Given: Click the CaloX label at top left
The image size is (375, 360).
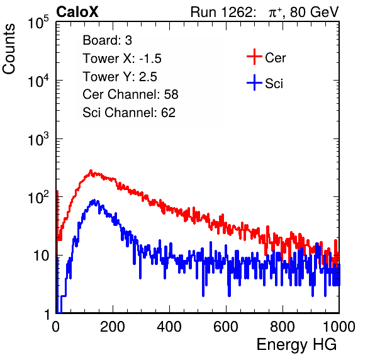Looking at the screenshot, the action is coord(77,12).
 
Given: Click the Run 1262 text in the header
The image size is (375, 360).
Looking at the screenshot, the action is coord(221,12).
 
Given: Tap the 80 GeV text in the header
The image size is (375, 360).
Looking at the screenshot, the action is coord(314,12).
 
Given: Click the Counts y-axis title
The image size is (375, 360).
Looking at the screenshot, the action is coord(9,49).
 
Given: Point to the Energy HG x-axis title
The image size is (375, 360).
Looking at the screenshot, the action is coord(296,345).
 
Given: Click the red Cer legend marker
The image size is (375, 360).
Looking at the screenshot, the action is coord(254,57).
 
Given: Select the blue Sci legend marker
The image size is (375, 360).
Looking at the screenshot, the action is coord(254,82).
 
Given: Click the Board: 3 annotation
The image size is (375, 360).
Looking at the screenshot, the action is coord(107,40).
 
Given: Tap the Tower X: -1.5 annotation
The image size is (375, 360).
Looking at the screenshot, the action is coord(122,59).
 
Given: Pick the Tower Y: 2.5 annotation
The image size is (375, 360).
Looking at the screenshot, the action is coord(120,77).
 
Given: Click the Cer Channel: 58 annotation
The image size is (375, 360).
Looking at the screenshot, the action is coord(130,94).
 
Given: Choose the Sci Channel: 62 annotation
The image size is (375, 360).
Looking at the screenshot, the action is coord(129,113).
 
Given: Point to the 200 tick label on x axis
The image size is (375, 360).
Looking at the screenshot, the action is coord(113,327).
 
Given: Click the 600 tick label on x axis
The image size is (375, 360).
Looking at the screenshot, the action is coord(226,327).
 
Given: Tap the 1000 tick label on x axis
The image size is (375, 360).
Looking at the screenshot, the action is coord(339,327).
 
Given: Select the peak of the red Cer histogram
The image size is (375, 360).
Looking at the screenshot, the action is coord(91,171).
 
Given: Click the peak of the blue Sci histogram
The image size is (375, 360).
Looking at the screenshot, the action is coord(94,200).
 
